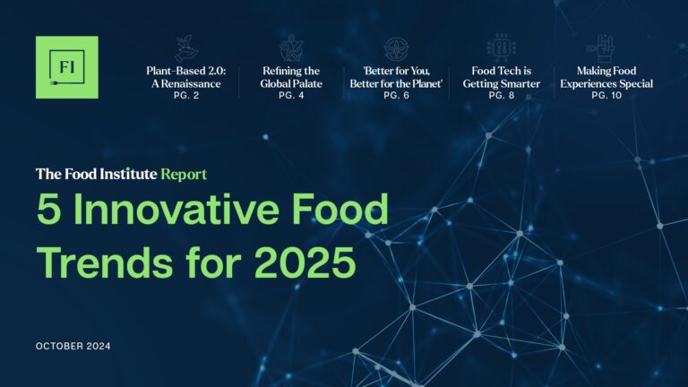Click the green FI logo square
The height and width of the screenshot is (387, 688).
pyautogui.click(x=66, y=67)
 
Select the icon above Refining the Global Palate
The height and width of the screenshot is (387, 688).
pyautogui.click(x=291, y=48)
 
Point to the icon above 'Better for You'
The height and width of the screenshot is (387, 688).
pyautogui.click(x=396, y=48)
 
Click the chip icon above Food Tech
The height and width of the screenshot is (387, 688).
pyautogui.click(x=502, y=48)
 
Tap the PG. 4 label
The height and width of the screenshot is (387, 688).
pyautogui.click(x=291, y=95)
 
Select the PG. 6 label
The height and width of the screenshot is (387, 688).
pyautogui.click(x=396, y=95)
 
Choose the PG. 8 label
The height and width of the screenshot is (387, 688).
pyautogui.click(x=502, y=95)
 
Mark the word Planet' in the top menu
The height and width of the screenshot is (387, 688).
pyautogui.click(x=426, y=84)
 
